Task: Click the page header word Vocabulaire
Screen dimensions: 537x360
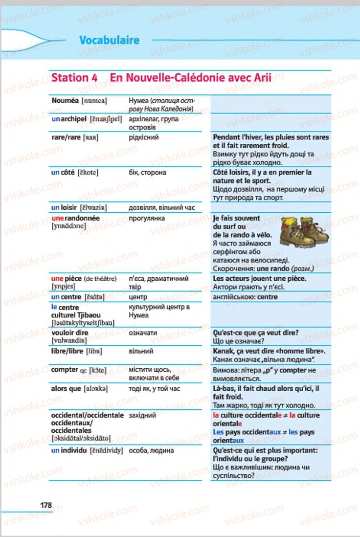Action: [x=109, y=40]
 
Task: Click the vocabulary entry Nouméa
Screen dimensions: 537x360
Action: [x=65, y=101]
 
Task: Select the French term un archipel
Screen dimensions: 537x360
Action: [x=69, y=119]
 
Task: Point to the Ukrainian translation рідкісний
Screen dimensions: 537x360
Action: [x=143, y=137]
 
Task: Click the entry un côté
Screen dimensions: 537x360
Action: [x=63, y=173]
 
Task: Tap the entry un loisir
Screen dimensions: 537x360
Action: [x=64, y=208]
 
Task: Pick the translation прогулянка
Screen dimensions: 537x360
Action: [x=146, y=218]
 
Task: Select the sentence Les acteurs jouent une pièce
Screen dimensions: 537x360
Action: [x=260, y=278]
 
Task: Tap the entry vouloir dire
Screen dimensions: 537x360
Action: [x=69, y=333]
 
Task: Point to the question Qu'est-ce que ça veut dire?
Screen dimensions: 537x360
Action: [x=256, y=333]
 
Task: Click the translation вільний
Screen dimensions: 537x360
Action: [x=141, y=351]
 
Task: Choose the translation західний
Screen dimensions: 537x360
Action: [x=142, y=415]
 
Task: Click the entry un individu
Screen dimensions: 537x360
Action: [x=69, y=450]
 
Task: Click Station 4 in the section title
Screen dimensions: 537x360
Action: [x=74, y=78]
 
